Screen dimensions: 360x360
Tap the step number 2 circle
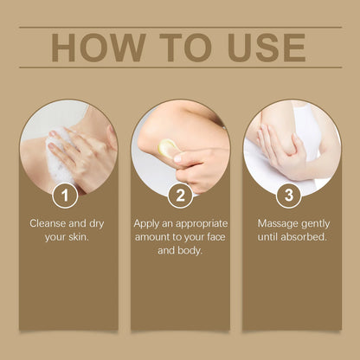(x=179, y=196)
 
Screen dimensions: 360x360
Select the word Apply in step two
(x=147, y=223)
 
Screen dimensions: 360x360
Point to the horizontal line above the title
(x=180, y=27)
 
